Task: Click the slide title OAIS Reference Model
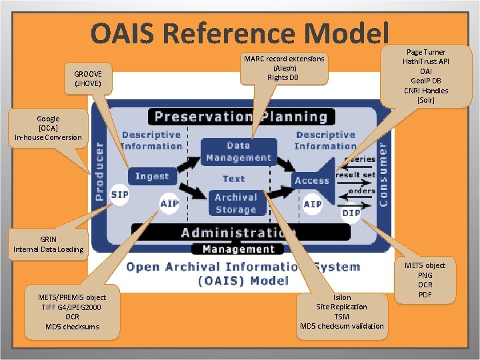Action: coord(239,33)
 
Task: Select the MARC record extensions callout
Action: coord(284,68)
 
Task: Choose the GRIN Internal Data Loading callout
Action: coord(49,244)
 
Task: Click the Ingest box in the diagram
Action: coord(152,176)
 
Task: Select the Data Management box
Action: coord(239,151)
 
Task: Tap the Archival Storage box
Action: coord(236,203)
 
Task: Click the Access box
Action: coord(312,180)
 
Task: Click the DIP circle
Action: coord(351,213)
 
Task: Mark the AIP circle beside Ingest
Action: coord(169,203)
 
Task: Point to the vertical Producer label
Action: coord(99,171)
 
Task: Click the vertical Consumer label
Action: coord(383,171)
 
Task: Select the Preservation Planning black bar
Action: coord(241,117)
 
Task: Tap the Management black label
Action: coord(238,249)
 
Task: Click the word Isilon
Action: coord(341,297)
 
